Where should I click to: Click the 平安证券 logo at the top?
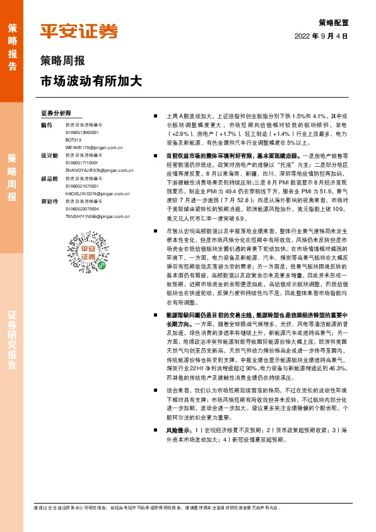click(79, 31)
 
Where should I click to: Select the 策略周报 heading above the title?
click(62, 62)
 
